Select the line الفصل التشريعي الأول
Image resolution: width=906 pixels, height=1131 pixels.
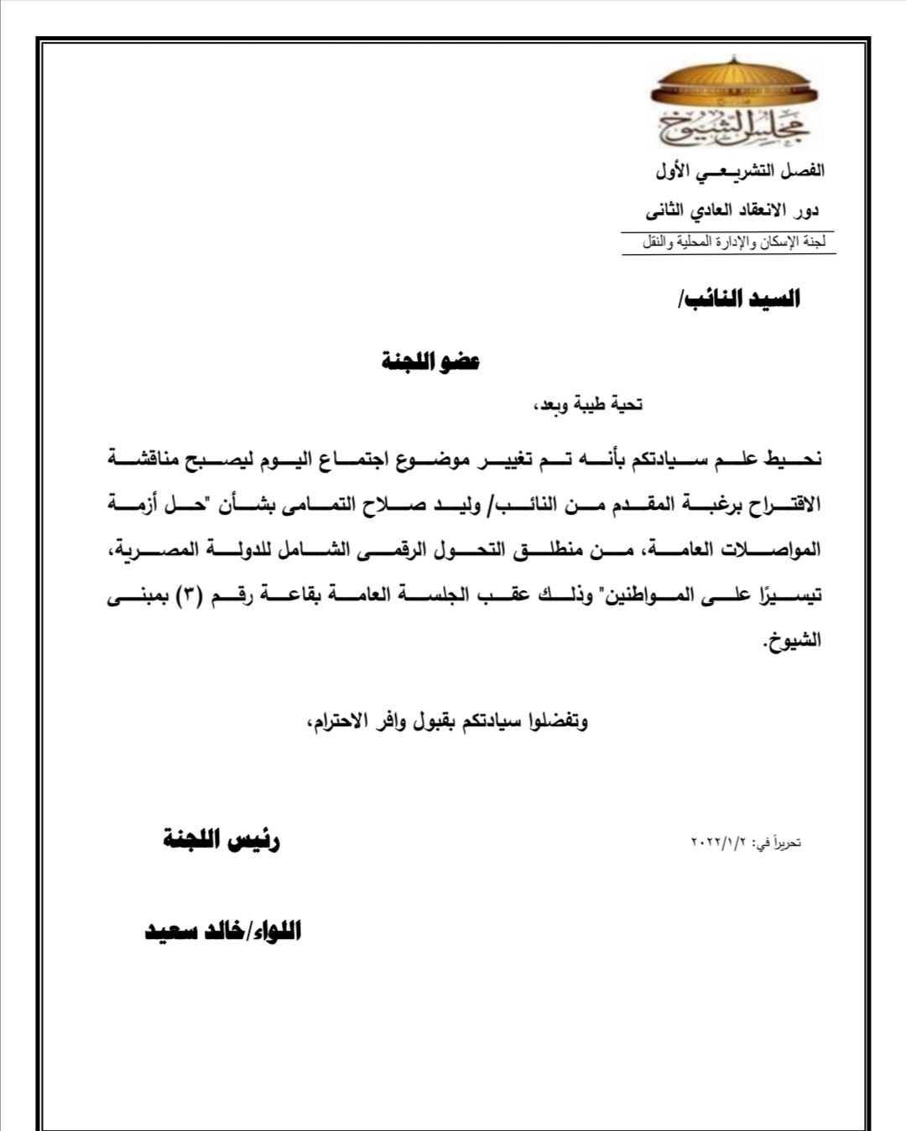pyautogui.click(x=739, y=171)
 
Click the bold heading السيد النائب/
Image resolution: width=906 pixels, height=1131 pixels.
pyautogui.click(x=739, y=299)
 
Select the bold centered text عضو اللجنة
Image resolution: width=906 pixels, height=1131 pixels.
pyautogui.click(x=430, y=362)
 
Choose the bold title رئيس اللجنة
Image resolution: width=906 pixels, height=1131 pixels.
pyautogui.click(x=221, y=840)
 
